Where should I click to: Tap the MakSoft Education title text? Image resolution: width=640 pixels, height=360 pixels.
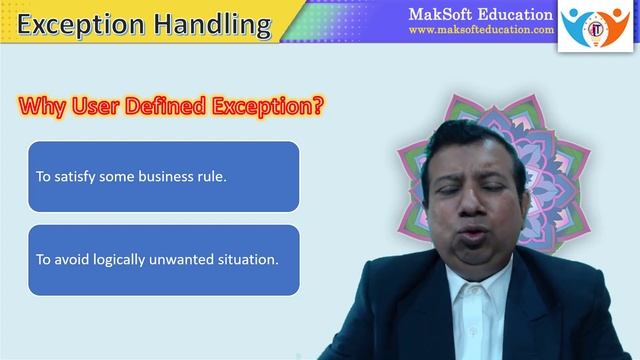480,14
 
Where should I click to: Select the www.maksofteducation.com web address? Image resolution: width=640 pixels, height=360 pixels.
481,31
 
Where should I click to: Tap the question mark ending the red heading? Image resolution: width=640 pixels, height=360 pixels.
318,104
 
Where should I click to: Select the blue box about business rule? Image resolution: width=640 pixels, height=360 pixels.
164,176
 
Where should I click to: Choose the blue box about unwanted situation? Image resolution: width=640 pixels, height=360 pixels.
164,259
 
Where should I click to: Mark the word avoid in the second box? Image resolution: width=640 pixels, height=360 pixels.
71,259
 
